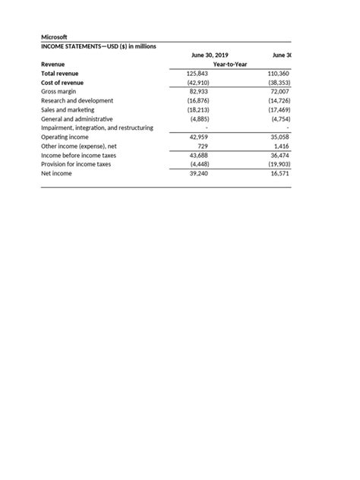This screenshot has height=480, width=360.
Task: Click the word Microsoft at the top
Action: (x=54, y=36)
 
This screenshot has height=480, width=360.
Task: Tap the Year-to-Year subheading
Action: (x=230, y=65)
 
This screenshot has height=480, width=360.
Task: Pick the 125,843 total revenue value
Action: (x=197, y=74)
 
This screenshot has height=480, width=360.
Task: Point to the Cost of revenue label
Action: (x=62, y=82)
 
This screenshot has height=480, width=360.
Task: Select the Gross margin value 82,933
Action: (x=197, y=91)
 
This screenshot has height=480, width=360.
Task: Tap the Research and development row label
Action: (x=77, y=100)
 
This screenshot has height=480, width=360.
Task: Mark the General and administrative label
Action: (x=77, y=118)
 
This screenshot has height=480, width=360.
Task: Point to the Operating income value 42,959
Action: (x=197, y=137)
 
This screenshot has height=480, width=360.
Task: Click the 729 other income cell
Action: (x=202, y=146)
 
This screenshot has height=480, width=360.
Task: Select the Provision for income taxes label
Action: (x=75, y=164)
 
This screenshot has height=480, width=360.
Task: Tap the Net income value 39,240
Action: (x=197, y=173)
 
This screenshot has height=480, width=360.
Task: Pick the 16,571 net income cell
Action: (x=279, y=173)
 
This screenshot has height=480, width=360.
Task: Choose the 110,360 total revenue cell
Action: (x=278, y=74)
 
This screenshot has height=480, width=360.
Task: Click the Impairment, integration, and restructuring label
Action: (x=96, y=128)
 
